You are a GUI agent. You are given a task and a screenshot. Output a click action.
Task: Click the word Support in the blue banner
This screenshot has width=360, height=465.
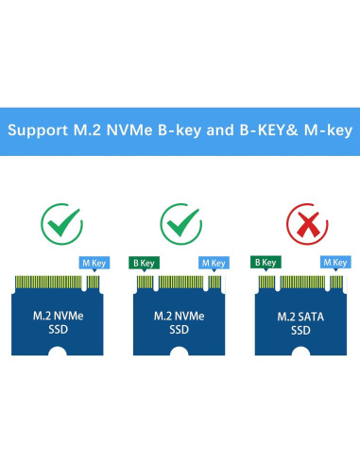[x=42, y=129]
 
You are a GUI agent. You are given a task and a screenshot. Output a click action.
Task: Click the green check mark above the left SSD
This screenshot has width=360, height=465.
[x=60, y=223]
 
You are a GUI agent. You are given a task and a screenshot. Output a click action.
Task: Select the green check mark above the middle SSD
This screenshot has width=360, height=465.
[x=180, y=223]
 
